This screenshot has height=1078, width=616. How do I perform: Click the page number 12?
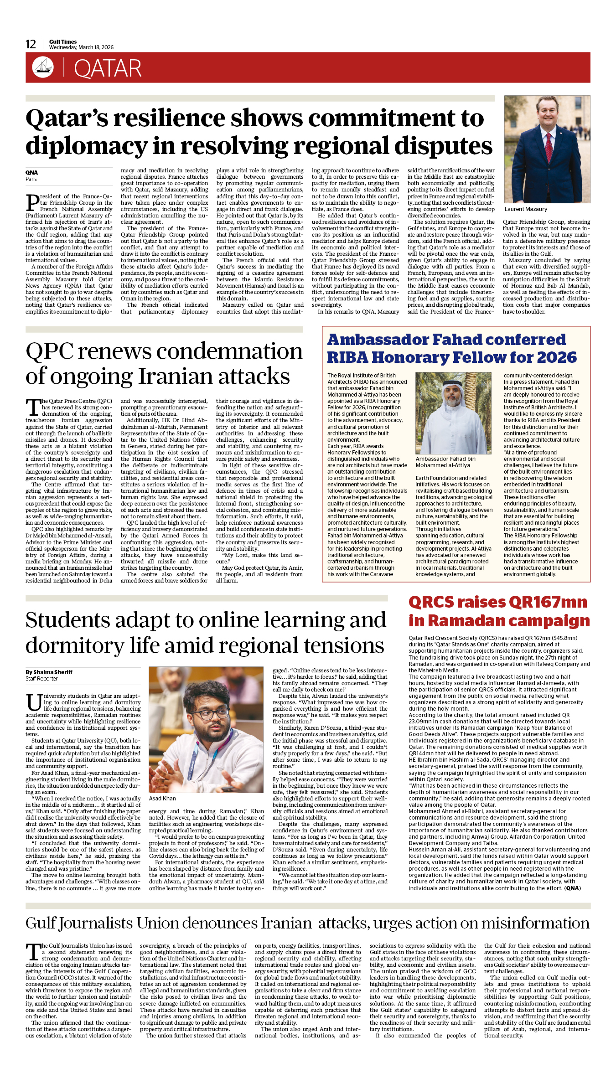click(x=31, y=44)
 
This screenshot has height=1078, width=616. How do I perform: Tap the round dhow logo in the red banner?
click(x=43, y=67)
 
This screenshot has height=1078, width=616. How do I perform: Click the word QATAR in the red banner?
click(x=108, y=68)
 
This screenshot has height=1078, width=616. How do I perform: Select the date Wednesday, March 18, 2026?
click(x=81, y=47)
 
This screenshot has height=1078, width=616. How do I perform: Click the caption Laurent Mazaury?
click(x=526, y=209)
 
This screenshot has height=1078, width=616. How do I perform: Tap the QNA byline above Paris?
click(x=31, y=173)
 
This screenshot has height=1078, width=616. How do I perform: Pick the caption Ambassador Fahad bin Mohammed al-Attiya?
click(x=445, y=462)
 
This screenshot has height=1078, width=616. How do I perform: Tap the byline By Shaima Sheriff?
click(x=49, y=672)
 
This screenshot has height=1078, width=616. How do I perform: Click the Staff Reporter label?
click(x=41, y=679)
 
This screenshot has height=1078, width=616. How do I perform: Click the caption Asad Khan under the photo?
click(x=162, y=799)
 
